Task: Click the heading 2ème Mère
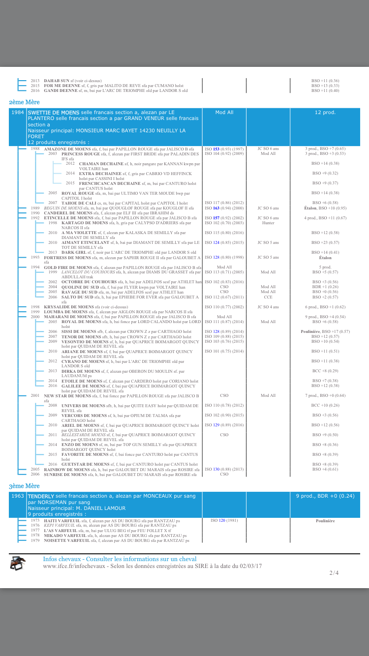(24, 102)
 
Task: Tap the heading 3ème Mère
(24, 486)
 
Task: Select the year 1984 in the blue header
(18, 113)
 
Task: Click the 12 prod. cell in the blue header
(325, 113)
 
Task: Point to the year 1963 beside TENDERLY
(18, 496)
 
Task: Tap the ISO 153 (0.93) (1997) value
(224, 149)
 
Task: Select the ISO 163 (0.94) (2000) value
(224, 208)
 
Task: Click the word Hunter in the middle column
(268, 223)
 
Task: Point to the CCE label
(268, 297)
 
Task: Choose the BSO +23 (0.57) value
(325, 242)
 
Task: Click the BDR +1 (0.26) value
(325, 287)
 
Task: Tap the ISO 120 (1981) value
(224, 520)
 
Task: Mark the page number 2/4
(334, 573)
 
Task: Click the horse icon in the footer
(17, 564)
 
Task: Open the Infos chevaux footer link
(120, 559)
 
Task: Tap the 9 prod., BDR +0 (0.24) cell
(325, 496)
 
